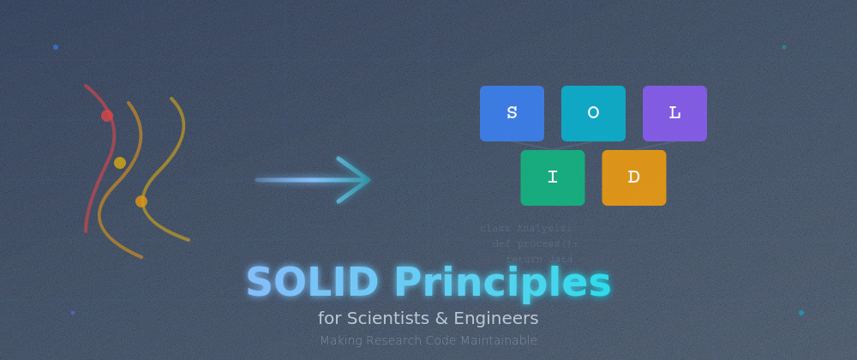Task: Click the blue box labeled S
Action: point(512,113)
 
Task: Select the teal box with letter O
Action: point(593,113)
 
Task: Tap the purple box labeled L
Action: point(674,113)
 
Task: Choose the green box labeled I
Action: point(552,177)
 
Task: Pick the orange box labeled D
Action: point(633,177)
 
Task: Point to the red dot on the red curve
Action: point(107,116)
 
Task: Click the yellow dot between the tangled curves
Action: point(120,163)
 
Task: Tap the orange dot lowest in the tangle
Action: point(141,201)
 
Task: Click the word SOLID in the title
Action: point(312,284)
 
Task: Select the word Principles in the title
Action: point(502,284)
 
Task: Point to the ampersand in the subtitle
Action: point(441,319)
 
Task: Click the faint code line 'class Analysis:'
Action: point(525,229)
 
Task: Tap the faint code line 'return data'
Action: point(539,259)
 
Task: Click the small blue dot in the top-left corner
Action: point(56,47)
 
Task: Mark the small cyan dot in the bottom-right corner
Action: point(801,313)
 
